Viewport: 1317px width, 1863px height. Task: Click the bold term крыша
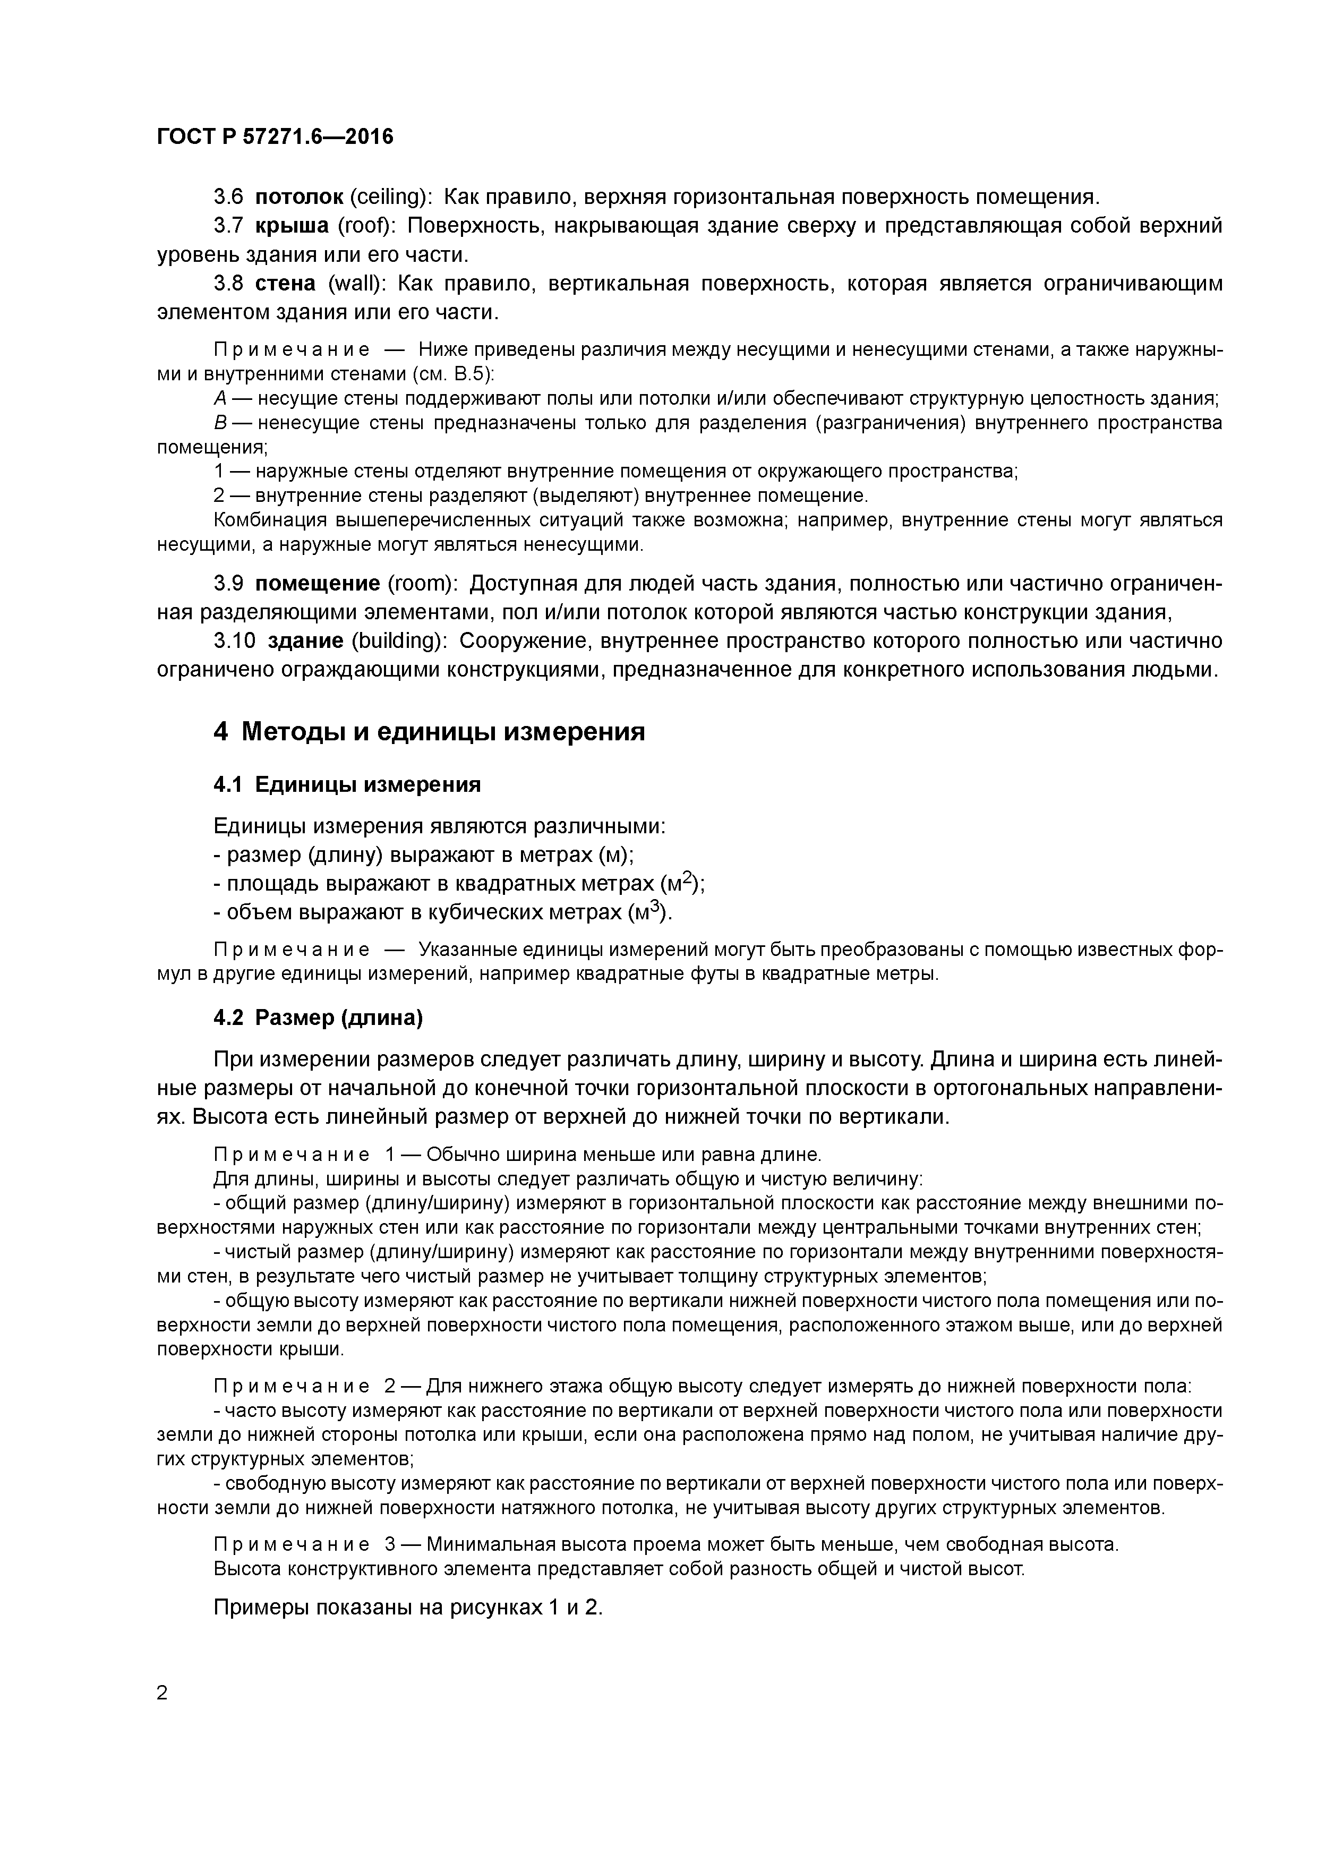point(292,226)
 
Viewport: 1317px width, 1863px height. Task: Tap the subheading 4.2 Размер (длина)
point(318,1018)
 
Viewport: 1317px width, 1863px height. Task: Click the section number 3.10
point(235,641)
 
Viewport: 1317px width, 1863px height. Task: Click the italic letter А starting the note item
point(220,398)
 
